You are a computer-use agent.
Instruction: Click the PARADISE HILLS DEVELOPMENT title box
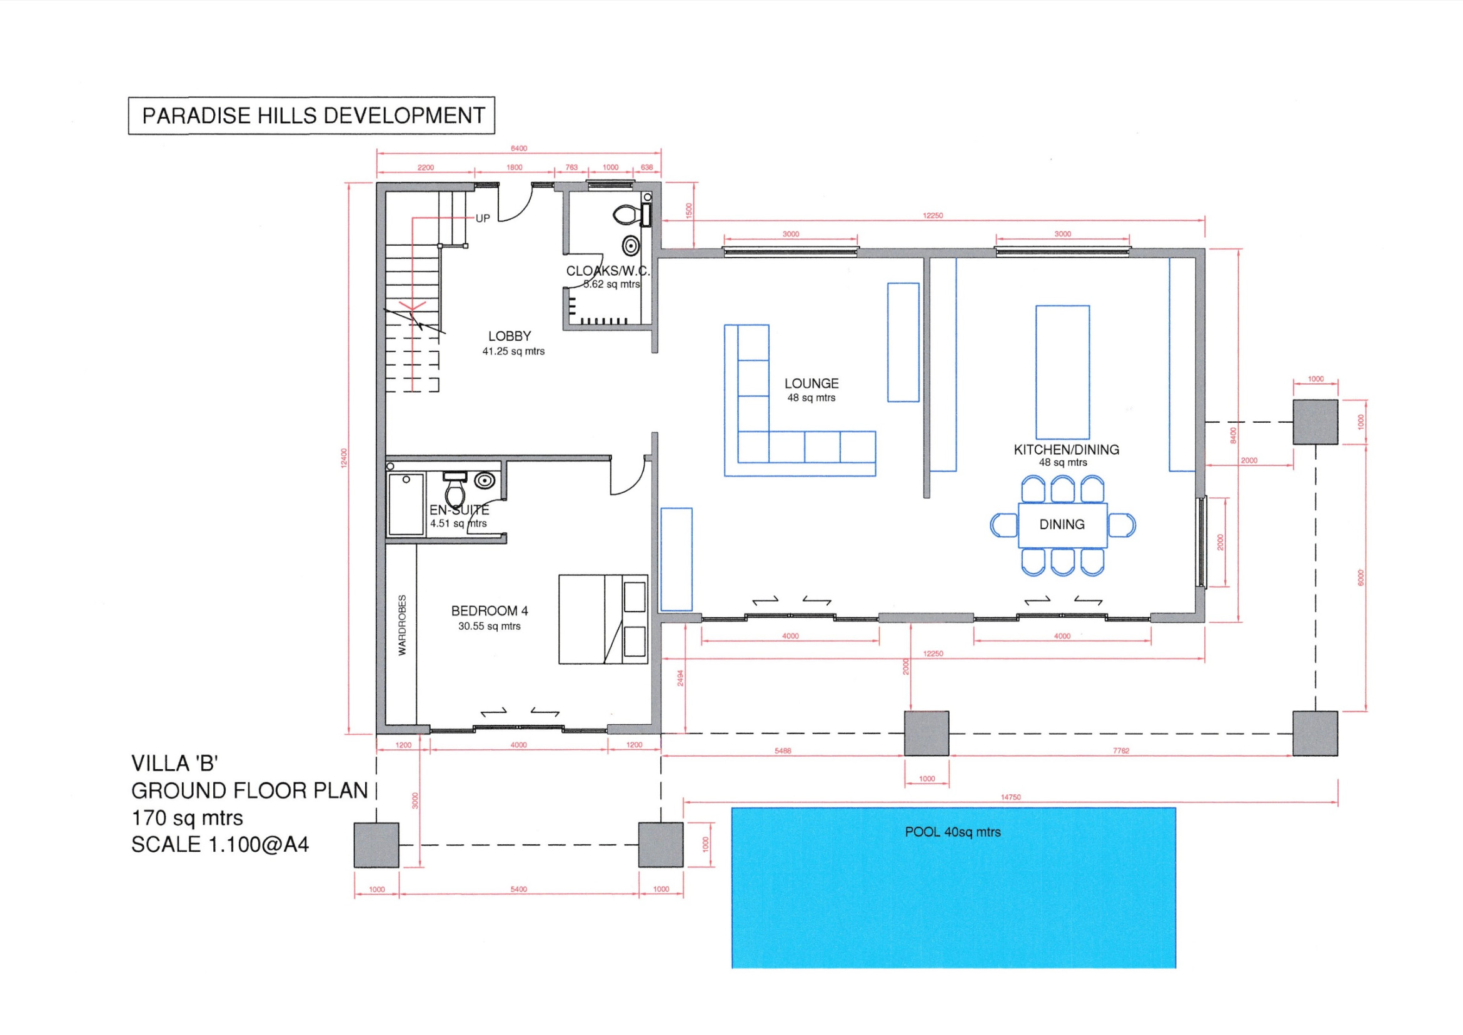[x=311, y=115]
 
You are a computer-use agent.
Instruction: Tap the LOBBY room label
[x=509, y=336]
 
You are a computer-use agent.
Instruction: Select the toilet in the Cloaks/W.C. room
[x=627, y=215]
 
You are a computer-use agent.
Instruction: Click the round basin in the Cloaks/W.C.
[x=631, y=245]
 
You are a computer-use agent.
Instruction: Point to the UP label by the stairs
[x=483, y=219]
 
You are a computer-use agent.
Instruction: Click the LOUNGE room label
[x=811, y=383]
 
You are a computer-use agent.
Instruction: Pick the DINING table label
[x=1062, y=525]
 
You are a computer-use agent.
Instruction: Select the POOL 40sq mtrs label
[x=953, y=832]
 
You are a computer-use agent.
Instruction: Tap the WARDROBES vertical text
[x=402, y=625]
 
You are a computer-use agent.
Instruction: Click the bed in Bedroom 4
[x=603, y=620]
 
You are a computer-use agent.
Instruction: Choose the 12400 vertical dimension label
[x=344, y=458]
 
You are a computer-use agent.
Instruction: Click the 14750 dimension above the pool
[x=1010, y=797]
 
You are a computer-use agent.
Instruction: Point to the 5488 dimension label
[x=783, y=750]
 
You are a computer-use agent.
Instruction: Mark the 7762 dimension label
[x=1121, y=750]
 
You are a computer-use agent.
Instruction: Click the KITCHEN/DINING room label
[x=1066, y=450]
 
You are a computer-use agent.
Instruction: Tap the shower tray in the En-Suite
[x=406, y=503]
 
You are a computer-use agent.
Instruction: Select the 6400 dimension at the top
[x=519, y=148]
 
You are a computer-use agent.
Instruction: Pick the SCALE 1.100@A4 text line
[x=220, y=844]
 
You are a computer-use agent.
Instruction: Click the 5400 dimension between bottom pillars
[x=519, y=889]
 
